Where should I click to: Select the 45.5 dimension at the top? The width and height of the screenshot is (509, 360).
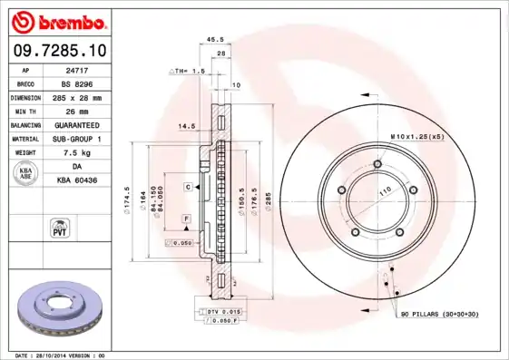point(215,40)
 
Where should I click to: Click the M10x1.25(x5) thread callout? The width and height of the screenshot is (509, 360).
point(416,136)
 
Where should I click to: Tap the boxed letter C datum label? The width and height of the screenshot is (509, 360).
point(187,187)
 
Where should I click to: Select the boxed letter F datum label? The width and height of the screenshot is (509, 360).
point(184,219)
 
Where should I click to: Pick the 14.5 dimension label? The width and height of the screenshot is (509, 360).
point(187,125)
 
